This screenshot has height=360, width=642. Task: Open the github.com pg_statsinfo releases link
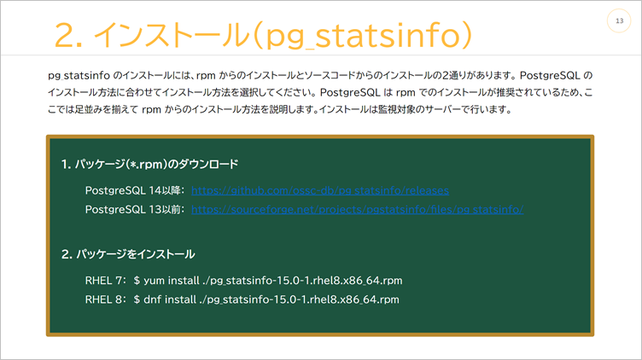[x=320, y=189]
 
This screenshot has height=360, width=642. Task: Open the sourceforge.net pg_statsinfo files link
[x=357, y=207]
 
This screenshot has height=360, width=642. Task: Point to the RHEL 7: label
[x=106, y=280]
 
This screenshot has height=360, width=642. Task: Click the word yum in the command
[x=155, y=280]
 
